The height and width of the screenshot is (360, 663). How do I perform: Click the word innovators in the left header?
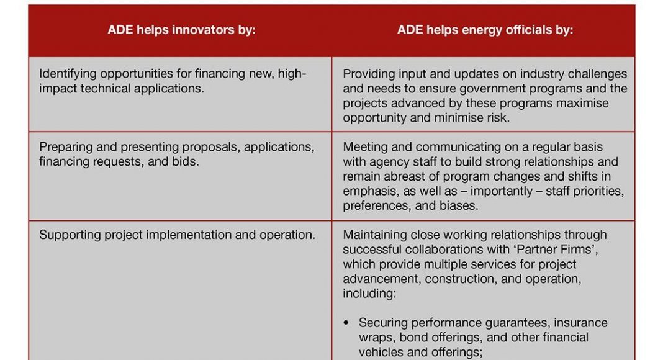coord(204,30)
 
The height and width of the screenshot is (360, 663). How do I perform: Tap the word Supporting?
coord(70,235)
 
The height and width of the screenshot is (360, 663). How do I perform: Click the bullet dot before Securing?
coord(346,323)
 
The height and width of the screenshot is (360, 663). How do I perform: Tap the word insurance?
coord(580,323)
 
